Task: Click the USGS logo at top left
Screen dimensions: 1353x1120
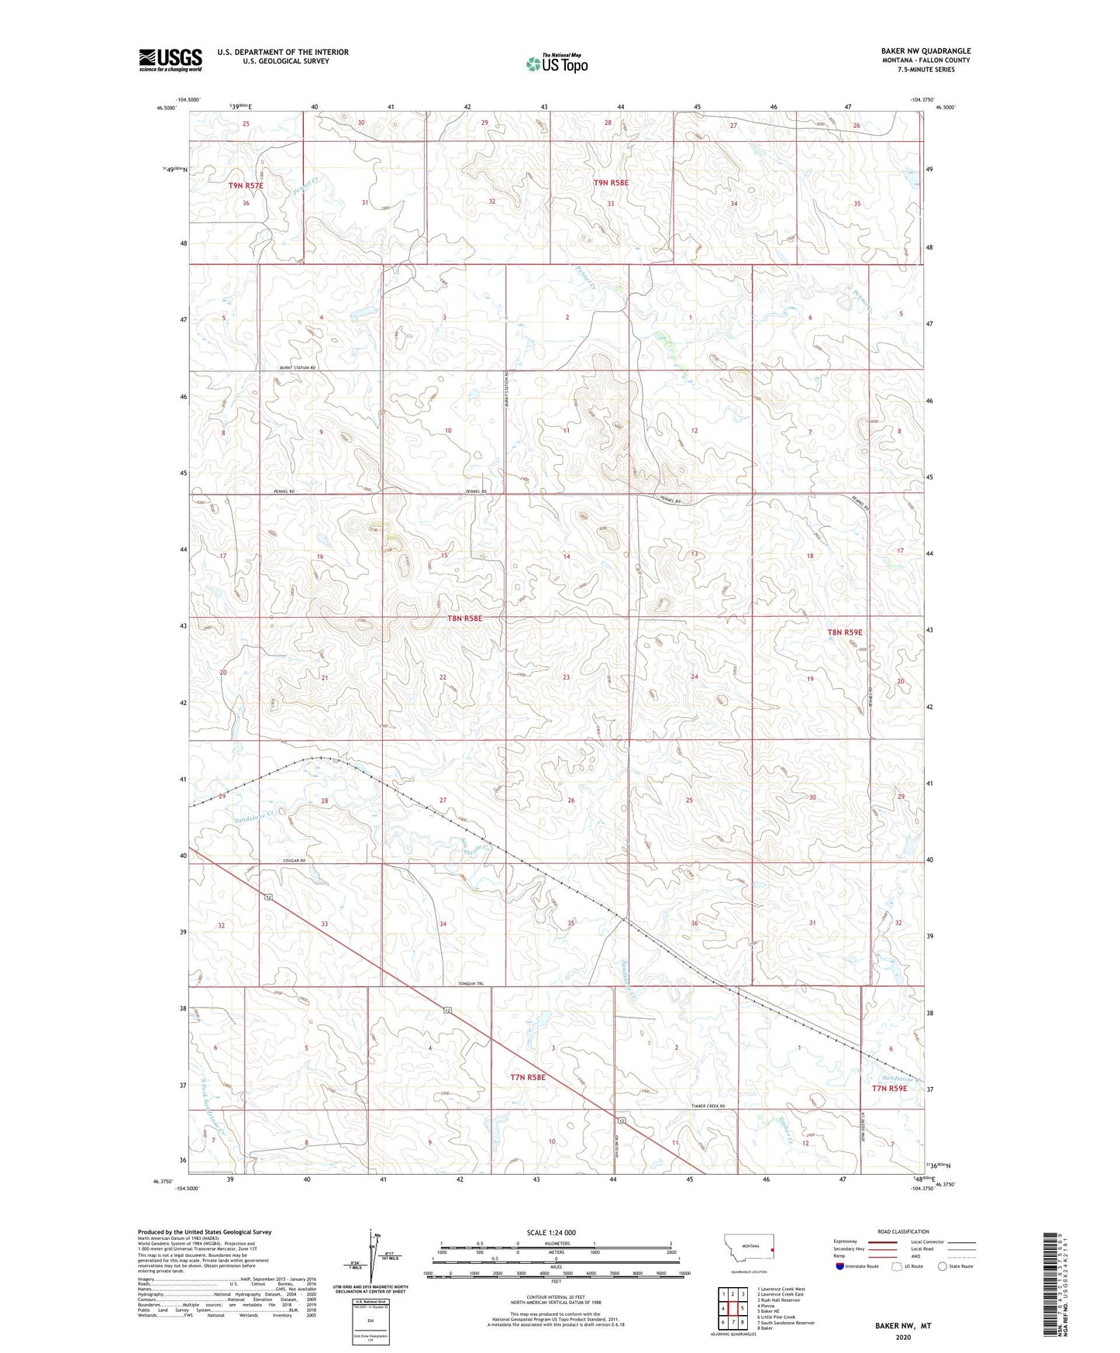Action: point(171,60)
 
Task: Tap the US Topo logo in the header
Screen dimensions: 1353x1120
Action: point(556,64)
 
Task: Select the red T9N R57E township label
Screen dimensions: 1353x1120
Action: point(246,186)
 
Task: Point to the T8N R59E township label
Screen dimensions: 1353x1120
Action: point(844,632)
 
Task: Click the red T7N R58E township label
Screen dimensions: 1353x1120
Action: point(528,1077)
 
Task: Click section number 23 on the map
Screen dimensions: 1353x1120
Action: point(567,677)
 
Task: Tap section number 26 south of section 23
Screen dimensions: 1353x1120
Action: point(571,800)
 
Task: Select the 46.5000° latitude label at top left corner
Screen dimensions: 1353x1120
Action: point(166,108)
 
